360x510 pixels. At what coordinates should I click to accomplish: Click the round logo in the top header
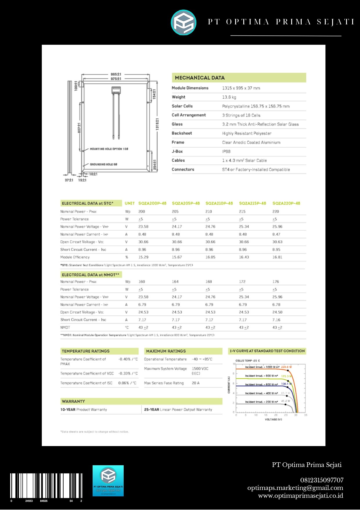(x=183, y=23)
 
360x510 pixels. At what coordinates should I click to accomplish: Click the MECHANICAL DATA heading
(x=200, y=78)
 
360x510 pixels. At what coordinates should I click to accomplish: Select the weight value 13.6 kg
(x=229, y=97)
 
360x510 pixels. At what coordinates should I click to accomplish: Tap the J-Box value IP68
(x=226, y=151)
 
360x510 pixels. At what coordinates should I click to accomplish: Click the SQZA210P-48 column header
(x=219, y=203)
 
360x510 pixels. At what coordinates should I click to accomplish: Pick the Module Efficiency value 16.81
(x=277, y=257)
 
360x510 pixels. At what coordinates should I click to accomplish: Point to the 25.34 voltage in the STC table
(x=244, y=227)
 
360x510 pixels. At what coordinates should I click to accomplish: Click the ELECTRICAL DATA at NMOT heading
(x=90, y=275)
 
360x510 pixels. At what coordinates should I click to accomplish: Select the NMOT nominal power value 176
(x=276, y=282)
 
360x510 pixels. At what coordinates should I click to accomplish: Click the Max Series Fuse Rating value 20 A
(x=196, y=383)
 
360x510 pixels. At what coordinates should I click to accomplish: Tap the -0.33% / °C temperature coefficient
(x=128, y=373)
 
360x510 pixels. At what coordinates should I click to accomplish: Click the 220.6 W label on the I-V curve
(x=286, y=367)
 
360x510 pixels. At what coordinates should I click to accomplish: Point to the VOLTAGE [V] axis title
(x=273, y=419)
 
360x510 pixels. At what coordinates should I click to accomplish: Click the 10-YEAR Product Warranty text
(x=84, y=409)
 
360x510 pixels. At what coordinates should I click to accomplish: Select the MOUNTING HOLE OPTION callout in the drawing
(x=109, y=149)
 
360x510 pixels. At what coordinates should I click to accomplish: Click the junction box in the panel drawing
(x=116, y=90)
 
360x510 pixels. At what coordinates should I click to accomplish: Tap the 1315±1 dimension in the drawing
(x=157, y=124)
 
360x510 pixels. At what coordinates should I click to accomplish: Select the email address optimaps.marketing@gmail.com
(x=295, y=488)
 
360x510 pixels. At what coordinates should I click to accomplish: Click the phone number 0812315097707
(x=322, y=480)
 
